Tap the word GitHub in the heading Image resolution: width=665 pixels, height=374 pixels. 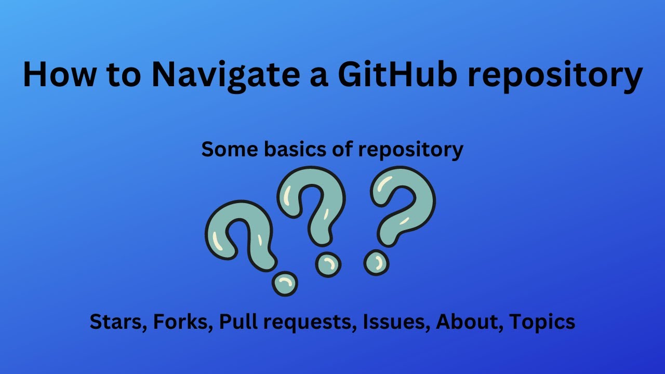tap(398, 74)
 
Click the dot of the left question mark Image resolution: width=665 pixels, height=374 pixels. tap(285, 284)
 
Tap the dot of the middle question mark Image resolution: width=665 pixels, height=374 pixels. tap(328, 264)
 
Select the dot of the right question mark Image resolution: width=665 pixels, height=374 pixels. tap(376, 262)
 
